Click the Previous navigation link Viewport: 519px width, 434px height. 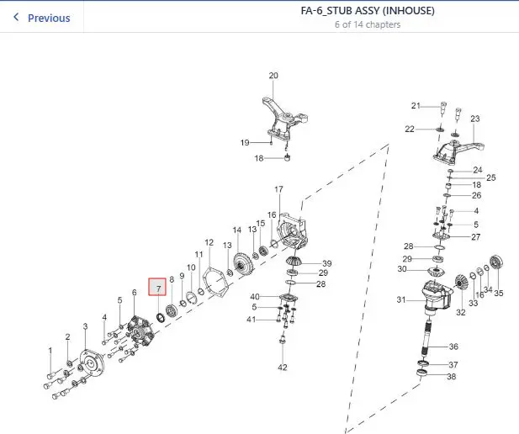click(42, 18)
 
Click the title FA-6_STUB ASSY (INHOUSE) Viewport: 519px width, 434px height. click(368, 11)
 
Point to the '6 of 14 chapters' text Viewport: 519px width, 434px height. click(368, 24)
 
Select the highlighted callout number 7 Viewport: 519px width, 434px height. click(157, 287)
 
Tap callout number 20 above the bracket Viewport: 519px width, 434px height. click(273, 76)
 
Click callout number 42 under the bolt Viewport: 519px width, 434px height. click(283, 367)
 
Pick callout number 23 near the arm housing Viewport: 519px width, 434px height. click(475, 119)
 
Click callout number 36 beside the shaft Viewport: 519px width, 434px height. click(453, 347)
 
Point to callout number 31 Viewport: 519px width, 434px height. click(401, 299)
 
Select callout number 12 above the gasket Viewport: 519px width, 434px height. click(209, 242)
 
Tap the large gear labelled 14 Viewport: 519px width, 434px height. click(243, 264)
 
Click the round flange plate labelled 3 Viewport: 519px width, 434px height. click(92, 363)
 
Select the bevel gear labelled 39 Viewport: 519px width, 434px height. click(292, 260)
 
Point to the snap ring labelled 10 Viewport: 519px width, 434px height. click(191, 298)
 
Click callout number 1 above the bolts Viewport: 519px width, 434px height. click(50, 351)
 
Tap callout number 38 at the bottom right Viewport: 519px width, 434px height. click(451, 377)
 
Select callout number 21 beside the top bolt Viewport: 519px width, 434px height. click(416, 106)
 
